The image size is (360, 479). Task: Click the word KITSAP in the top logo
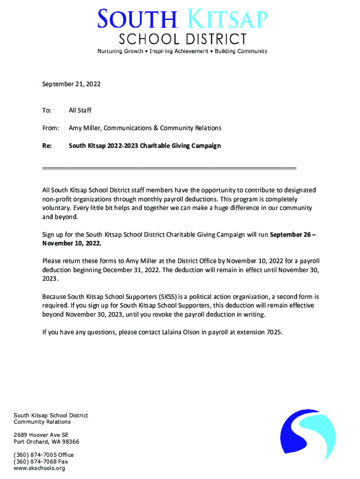click(228, 20)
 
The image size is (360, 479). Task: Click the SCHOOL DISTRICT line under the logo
click(182, 39)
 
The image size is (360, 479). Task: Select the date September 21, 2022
click(71, 84)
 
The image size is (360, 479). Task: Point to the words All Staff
click(80, 110)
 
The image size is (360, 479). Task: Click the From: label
click(50, 128)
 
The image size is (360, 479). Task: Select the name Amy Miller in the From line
click(86, 128)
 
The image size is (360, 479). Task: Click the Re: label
click(47, 145)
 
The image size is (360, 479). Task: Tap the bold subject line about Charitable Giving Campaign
click(144, 145)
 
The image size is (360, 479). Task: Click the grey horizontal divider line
click(169, 168)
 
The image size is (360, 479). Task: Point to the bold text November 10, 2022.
click(72, 244)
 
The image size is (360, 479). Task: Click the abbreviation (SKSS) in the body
click(167, 297)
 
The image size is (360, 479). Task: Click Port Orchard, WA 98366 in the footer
click(46, 442)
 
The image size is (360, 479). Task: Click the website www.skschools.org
click(39, 468)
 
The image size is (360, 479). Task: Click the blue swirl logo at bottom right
click(307, 435)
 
